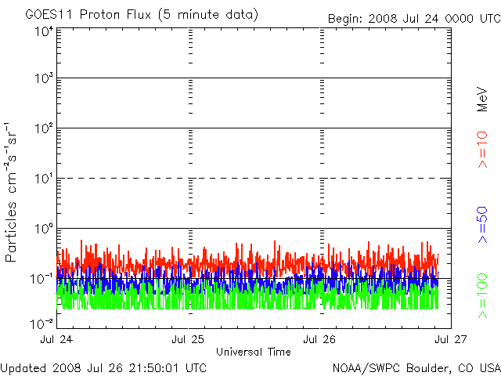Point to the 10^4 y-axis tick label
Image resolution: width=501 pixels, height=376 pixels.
coord(42,31)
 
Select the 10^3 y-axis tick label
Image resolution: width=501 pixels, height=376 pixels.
coord(42,78)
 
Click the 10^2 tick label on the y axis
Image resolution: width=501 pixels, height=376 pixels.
coord(42,128)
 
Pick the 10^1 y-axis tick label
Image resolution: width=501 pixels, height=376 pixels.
coord(42,178)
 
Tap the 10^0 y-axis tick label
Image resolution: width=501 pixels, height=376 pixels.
coord(42,228)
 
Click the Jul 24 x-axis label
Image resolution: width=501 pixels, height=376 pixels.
coord(56,339)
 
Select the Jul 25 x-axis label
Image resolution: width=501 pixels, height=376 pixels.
coord(188,339)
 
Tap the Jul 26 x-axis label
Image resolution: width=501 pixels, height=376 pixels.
coord(319,339)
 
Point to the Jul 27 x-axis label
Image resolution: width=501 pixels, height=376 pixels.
coord(450,339)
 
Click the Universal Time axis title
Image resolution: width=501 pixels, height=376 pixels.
coord(253,352)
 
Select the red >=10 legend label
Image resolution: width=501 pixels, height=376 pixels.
coord(483,149)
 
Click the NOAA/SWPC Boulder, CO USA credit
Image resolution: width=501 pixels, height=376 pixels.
coord(416,367)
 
